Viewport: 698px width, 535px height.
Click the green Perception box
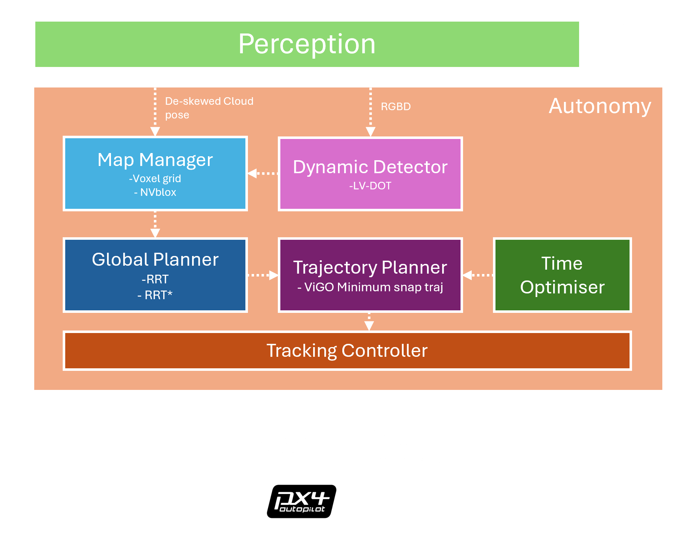pos(307,44)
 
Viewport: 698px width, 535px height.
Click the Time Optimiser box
pos(562,275)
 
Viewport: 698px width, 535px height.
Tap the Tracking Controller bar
pos(347,351)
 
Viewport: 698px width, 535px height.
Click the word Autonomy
pos(600,106)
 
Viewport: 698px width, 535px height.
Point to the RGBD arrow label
pos(396,107)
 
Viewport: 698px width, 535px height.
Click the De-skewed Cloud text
pos(209,101)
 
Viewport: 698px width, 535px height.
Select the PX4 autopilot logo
pos(301,501)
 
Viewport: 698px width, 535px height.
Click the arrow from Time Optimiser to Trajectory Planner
pos(478,275)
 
